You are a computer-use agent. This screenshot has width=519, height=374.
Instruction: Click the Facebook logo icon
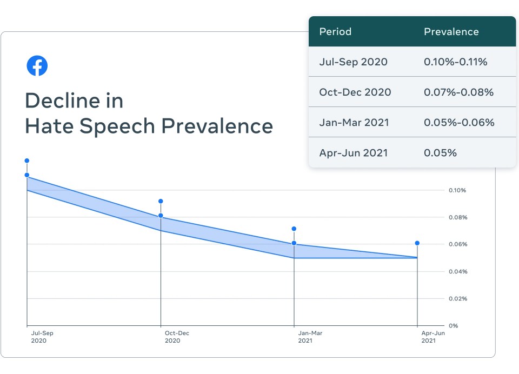37,66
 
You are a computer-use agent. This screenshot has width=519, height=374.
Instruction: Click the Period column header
335,31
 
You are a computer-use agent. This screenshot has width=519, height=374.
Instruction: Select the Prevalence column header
451,31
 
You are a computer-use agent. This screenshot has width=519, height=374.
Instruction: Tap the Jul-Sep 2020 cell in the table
353,62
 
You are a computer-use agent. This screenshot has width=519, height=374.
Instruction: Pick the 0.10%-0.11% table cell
455,62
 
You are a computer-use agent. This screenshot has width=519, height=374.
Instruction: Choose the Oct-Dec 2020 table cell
355,92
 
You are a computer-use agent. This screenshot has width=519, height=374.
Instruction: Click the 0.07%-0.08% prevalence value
458,92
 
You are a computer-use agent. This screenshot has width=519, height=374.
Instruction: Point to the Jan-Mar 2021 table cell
354,122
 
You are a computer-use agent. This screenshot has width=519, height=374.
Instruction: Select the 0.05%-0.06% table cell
459,122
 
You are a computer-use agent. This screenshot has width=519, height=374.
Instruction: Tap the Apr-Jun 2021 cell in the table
354,152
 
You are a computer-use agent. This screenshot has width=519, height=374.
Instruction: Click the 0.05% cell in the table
440,152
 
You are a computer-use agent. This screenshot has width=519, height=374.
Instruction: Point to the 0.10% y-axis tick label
457,190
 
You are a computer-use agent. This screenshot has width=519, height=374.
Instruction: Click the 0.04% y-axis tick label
457,271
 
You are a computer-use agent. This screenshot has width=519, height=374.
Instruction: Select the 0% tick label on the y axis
453,325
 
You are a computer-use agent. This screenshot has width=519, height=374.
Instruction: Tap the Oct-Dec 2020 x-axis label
177,337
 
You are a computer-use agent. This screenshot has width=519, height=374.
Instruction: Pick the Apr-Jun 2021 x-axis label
433,337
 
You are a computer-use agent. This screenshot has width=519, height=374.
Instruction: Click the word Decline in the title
74,101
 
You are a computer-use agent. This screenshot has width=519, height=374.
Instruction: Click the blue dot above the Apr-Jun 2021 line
417,243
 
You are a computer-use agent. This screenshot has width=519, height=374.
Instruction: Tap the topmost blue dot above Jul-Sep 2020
27,161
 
